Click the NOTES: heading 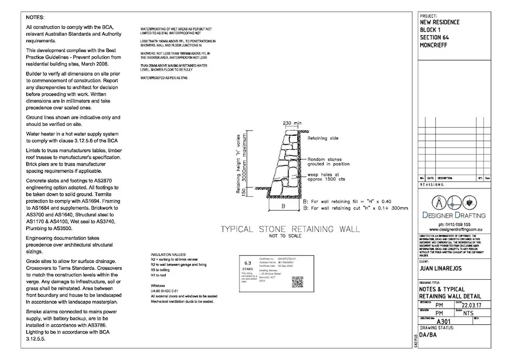click(x=36, y=18)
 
